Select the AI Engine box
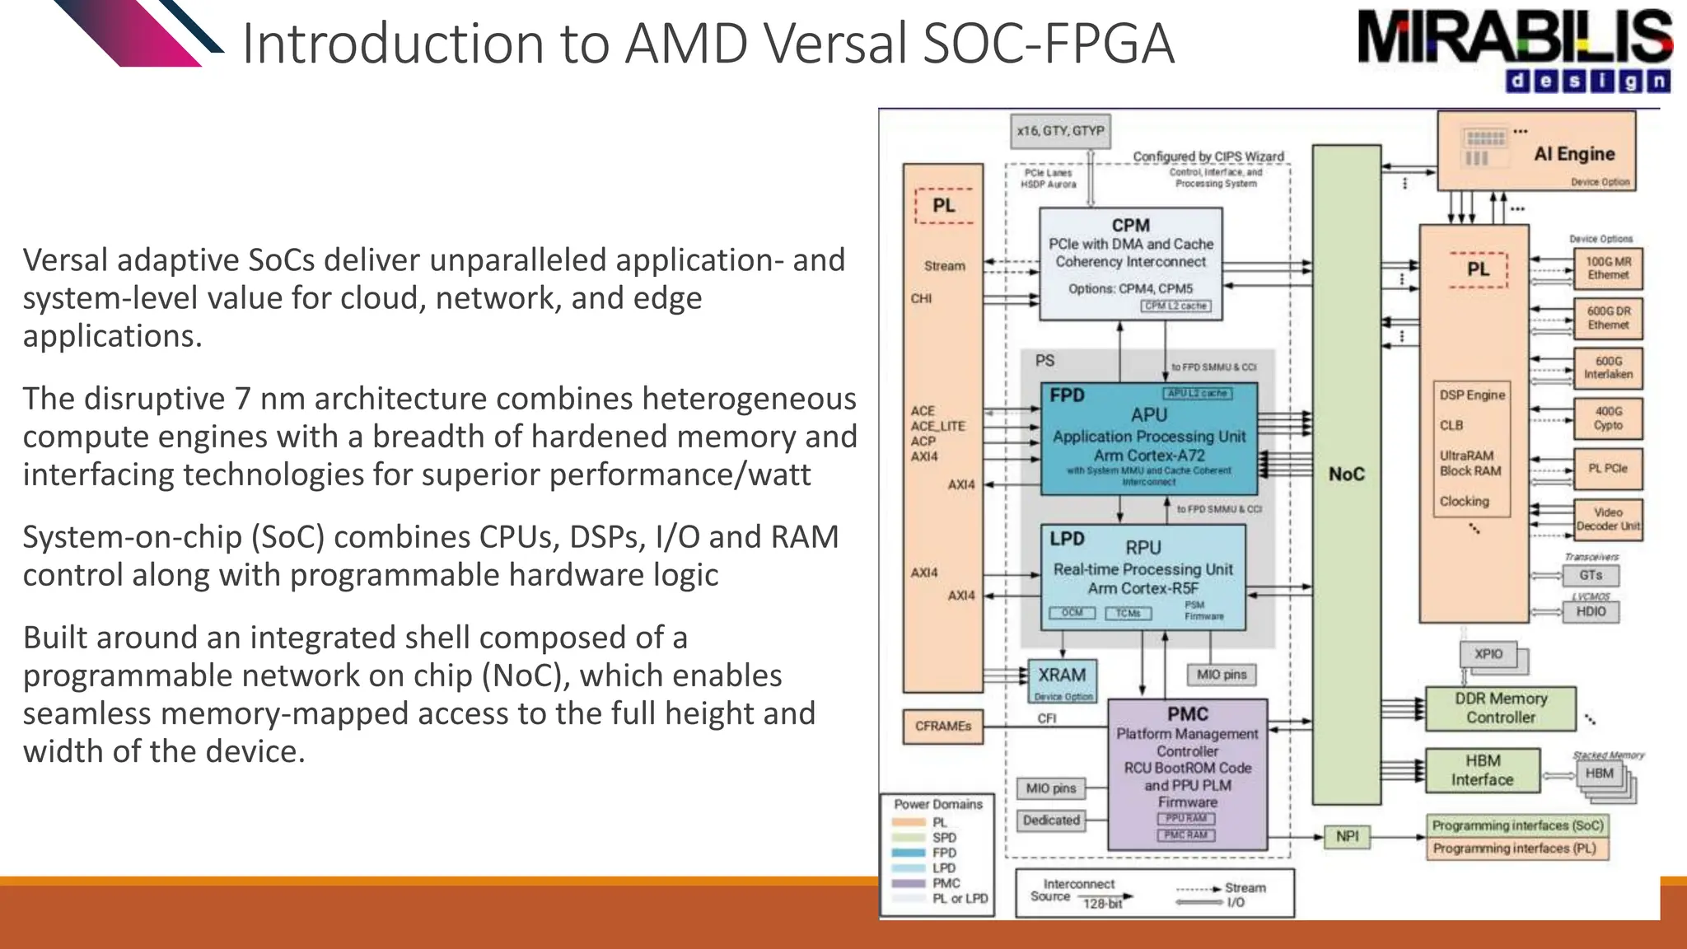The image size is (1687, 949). coord(1536,152)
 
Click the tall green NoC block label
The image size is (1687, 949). coord(1346,474)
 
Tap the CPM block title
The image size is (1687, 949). coord(1130,225)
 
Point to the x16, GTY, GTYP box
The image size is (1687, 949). coord(1060,131)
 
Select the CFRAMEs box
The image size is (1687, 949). coord(942,726)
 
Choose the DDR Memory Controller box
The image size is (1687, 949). coord(1500,708)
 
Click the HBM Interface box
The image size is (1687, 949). coord(1482,770)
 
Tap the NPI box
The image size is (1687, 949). coord(1347,836)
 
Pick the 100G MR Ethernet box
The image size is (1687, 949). coord(1608,269)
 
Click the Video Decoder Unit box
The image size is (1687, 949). coord(1608,519)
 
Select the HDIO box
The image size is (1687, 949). coord(1591,611)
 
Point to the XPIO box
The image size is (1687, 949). coord(1488,654)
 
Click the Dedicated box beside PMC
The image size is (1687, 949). coord(1051,820)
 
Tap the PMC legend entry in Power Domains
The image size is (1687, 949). coord(946,883)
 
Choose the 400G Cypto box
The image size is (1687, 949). coord(1608,418)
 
